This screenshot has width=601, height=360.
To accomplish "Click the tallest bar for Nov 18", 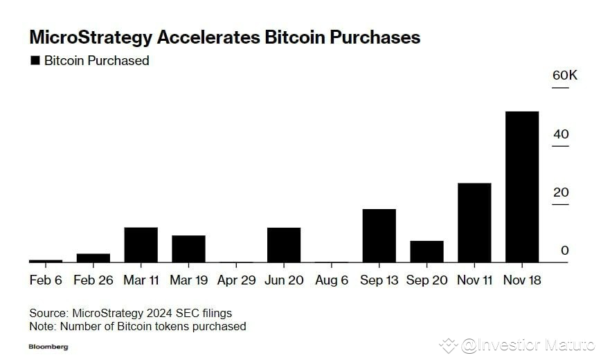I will [x=522, y=187].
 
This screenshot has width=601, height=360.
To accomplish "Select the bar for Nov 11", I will [x=474, y=223].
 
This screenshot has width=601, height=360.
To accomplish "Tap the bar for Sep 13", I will [x=379, y=235].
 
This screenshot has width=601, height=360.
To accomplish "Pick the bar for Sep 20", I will [x=427, y=251].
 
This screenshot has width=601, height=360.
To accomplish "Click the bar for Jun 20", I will [x=284, y=245].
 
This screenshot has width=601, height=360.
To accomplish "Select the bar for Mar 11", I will [x=141, y=245].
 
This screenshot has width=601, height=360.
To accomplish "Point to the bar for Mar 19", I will [x=188, y=249].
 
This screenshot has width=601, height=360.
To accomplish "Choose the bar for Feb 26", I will [x=93, y=258].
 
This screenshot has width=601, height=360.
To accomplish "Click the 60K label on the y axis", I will [x=564, y=75].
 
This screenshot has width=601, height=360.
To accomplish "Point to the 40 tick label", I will [x=560, y=134].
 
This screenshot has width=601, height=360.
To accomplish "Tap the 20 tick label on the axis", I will [x=560, y=192].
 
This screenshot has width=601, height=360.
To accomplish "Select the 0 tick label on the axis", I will [x=564, y=251].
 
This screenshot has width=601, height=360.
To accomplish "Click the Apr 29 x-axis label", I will [x=236, y=280].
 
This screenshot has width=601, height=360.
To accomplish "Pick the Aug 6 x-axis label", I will [x=331, y=280].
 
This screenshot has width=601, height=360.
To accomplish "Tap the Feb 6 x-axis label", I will [x=46, y=280].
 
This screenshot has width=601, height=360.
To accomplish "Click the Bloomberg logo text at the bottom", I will [x=48, y=346].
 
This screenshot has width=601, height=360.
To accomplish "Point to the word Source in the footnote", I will [x=48, y=314].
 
